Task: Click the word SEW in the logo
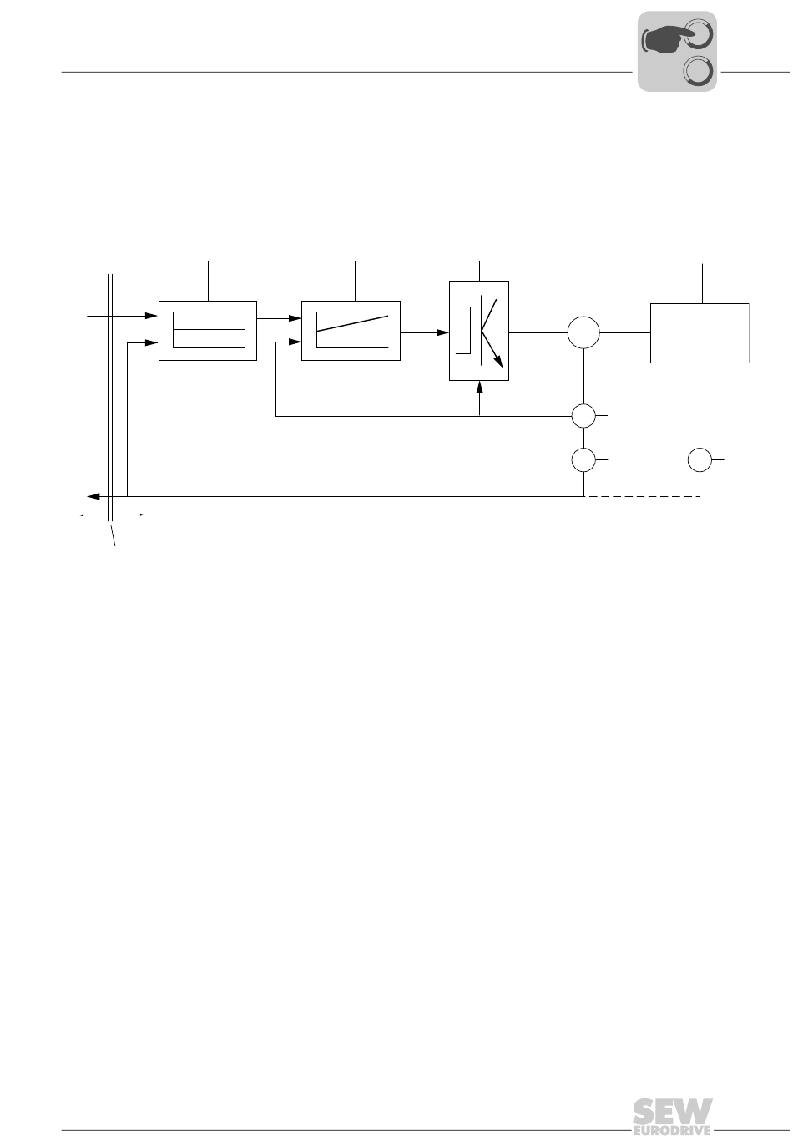[672, 1112]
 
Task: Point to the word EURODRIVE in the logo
[672, 1130]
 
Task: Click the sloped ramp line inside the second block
[352, 323]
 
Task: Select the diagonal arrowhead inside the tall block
[498, 361]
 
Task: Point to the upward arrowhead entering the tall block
[479, 387]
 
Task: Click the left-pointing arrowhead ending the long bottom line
[93, 496]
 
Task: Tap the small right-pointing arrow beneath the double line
[133, 515]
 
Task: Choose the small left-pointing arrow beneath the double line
[91, 515]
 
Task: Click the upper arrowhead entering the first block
[152, 316]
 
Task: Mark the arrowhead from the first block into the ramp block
[295, 318]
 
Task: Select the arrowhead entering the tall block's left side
[442, 332]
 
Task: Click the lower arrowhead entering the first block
[152, 342]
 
